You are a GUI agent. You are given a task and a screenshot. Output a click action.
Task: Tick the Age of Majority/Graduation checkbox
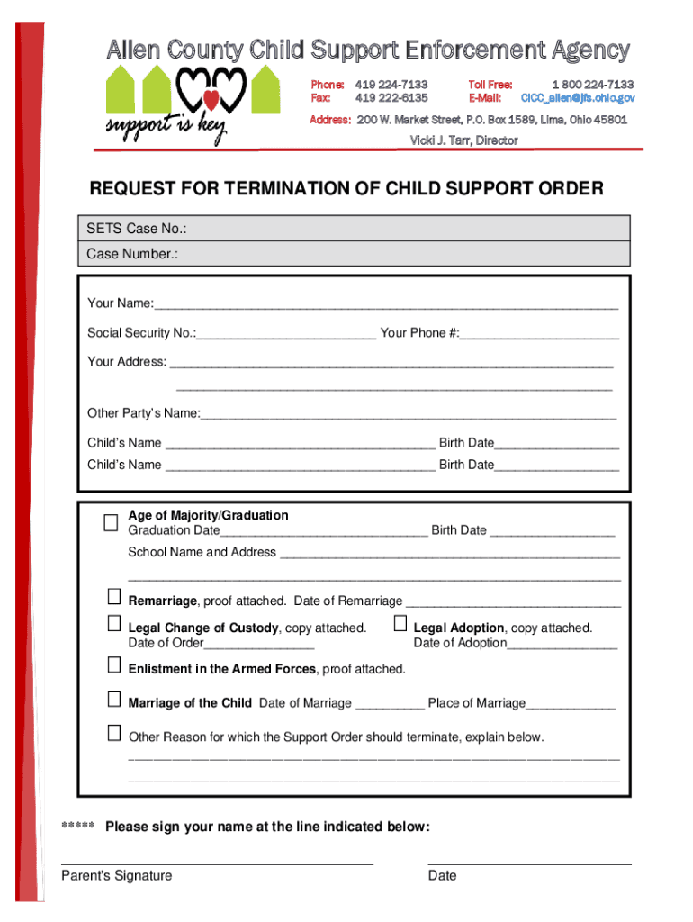point(111,523)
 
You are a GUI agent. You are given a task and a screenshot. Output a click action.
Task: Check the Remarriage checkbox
point(114,596)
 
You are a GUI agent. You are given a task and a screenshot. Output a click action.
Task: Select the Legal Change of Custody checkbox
point(114,623)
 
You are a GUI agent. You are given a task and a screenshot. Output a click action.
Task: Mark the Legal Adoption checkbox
point(400,623)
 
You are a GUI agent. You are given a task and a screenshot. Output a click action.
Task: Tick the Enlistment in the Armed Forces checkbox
point(114,664)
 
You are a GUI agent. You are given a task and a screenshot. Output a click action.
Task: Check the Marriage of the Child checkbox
point(114,699)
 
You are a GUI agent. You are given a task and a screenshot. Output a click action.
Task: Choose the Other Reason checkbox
point(114,733)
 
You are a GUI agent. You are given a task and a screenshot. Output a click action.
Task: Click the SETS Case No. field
point(405,229)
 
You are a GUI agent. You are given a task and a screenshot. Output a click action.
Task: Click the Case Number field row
point(405,254)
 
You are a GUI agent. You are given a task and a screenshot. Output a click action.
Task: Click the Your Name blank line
point(386,304)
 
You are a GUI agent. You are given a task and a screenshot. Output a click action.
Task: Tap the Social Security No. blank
point(286,334)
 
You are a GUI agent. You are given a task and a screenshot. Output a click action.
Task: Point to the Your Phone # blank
point(539,334)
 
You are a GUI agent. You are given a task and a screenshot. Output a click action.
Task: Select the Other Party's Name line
point(409,415)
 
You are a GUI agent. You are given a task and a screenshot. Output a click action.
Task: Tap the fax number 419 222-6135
point(391,97)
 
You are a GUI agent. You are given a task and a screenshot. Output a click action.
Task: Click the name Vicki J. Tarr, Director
point(464,140)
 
